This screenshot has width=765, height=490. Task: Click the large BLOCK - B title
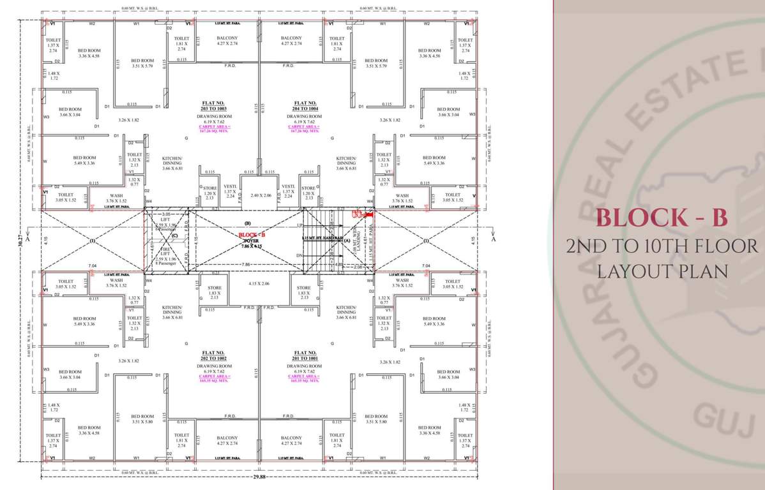[x=661, y=218]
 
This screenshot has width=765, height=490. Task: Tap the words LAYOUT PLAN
[x=662, y=271]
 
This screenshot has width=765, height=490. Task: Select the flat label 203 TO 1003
[x=214, y=106]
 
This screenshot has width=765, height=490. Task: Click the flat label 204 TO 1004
[x=305, y=106]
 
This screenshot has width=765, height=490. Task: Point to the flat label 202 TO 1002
[x=214, y=355]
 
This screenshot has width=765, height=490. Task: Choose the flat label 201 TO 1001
[x=305, y=355]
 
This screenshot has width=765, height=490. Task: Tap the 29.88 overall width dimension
[x=259, y=477]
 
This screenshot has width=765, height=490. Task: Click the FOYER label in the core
[x=249, y=240]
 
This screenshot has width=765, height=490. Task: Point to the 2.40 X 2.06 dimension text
[x=261, y=195]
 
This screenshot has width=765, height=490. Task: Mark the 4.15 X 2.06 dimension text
[x=259, y=283]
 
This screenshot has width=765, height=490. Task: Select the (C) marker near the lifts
[x=173, y=234]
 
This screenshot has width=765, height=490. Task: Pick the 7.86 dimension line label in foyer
[x=246, y=264]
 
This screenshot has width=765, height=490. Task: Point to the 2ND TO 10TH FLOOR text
[x=662, y=246]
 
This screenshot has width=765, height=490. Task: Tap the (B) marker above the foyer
[x=247, y=223]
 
